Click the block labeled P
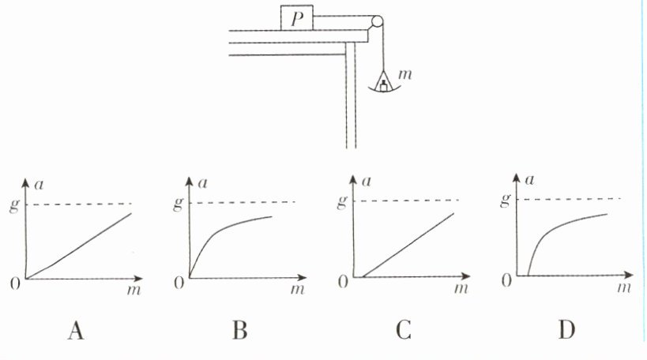click(x=296, y=18)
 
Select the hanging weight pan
click(x=382, y=83)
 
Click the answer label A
click(x=75, y=331)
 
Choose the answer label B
click(x=239, y=331)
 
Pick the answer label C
click(x=403, y=331)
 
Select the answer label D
click(x=566, y=331)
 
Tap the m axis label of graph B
click(x=298, y=291)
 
